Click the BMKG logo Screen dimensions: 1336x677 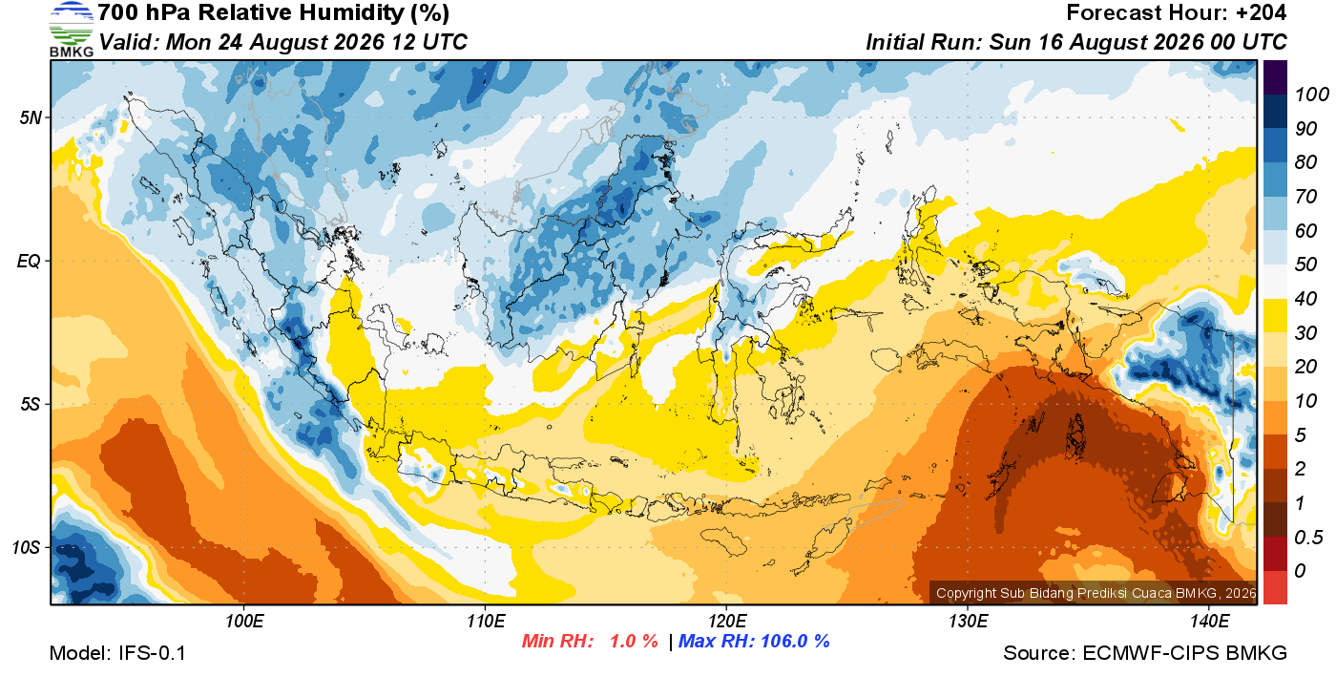(x=72, y=30)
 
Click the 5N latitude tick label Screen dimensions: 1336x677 (x=31, y=117)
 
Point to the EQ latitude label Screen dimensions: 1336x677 (x=29, y=262)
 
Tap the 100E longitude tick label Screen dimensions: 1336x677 (x=244, y=622)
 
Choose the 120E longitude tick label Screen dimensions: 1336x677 (x=727, y=622)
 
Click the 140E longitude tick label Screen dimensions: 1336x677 (x=1210, y=622)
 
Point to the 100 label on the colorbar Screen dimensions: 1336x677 (x=1311, y=95)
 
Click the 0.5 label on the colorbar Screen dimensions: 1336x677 (x=1308, y=538)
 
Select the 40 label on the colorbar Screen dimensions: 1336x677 (x=1305, y=299)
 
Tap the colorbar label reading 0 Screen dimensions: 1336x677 (x=1300, y=571)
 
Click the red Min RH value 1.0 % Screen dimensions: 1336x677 (x=634, y=641)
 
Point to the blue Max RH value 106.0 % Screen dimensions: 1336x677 (x=795, y=641)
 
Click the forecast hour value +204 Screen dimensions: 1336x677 (x=1261, y=12)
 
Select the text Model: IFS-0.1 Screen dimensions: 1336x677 (x=117, y=653)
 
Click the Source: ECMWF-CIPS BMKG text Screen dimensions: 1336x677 (x=1145, y=653)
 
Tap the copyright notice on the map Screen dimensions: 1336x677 (x=1096, y=593)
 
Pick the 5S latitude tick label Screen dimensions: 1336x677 (x=31, y=405)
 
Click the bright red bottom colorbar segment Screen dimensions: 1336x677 (x=1275, y=587)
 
